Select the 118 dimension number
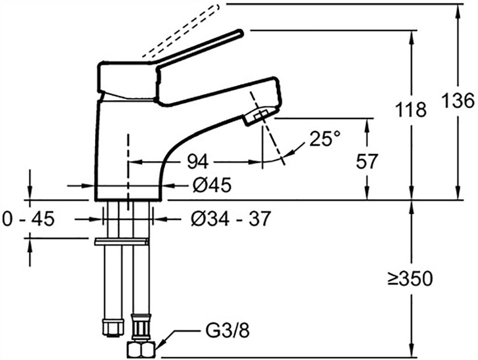tap(411, 110)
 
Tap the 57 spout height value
tap(366, 162)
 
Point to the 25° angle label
tap(325, 139)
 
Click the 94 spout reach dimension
tap(198, 162)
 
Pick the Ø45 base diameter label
tap(211, 185)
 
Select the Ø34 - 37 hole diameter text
tap(231, 218)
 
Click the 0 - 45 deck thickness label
tap(28, 218)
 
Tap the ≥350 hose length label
tap(410, 279)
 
